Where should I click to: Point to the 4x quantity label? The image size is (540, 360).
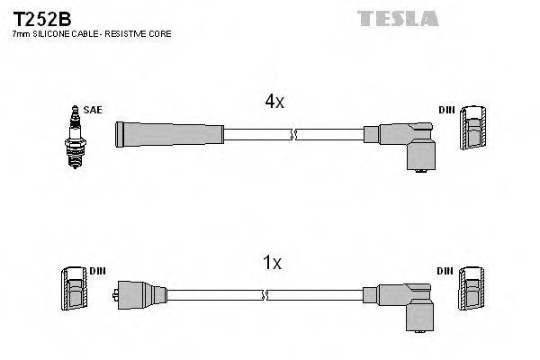274,103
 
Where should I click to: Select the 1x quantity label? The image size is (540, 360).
272,263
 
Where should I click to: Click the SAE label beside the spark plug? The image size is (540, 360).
93,110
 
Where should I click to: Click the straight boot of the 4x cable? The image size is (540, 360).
168,133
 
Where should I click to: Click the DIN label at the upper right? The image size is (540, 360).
447,110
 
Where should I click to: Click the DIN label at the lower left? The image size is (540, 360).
97,270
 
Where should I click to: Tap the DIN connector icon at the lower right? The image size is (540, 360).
472,292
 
